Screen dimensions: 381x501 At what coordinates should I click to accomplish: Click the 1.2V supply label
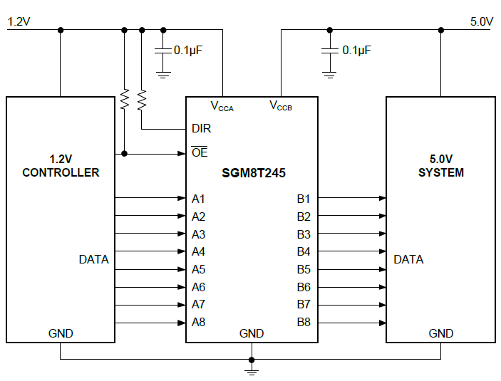tap(19, 21)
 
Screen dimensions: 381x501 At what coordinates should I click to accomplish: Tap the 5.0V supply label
tap(482, 21)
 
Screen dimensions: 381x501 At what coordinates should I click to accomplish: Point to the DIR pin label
tap(201, 129)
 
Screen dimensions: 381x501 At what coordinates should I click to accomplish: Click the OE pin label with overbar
tap(200, 153)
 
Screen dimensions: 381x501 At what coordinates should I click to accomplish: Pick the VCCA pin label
tap(222, 107)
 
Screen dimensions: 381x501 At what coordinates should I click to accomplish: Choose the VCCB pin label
tap(280, 107)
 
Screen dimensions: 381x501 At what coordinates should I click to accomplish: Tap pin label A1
tap(198, 199)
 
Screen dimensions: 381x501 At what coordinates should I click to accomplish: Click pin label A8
tap(198, 322)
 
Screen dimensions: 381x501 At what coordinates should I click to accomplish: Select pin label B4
tap(304, 251)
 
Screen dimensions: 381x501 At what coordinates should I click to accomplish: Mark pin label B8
tap(304, 322)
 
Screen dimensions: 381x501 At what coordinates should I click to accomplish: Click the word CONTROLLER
tap(61, 172)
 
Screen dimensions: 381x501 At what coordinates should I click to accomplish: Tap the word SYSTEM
tap(441, 172)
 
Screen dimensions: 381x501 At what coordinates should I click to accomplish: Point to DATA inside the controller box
tap(93, 259)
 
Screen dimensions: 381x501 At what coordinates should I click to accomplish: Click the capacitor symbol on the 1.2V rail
tap(163, 51)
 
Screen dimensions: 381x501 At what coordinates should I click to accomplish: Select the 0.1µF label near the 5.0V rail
tap(357, 51)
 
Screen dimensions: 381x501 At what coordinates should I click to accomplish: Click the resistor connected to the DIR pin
tap(142, 100)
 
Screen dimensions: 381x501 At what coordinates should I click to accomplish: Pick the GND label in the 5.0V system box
tap(440, 333)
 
